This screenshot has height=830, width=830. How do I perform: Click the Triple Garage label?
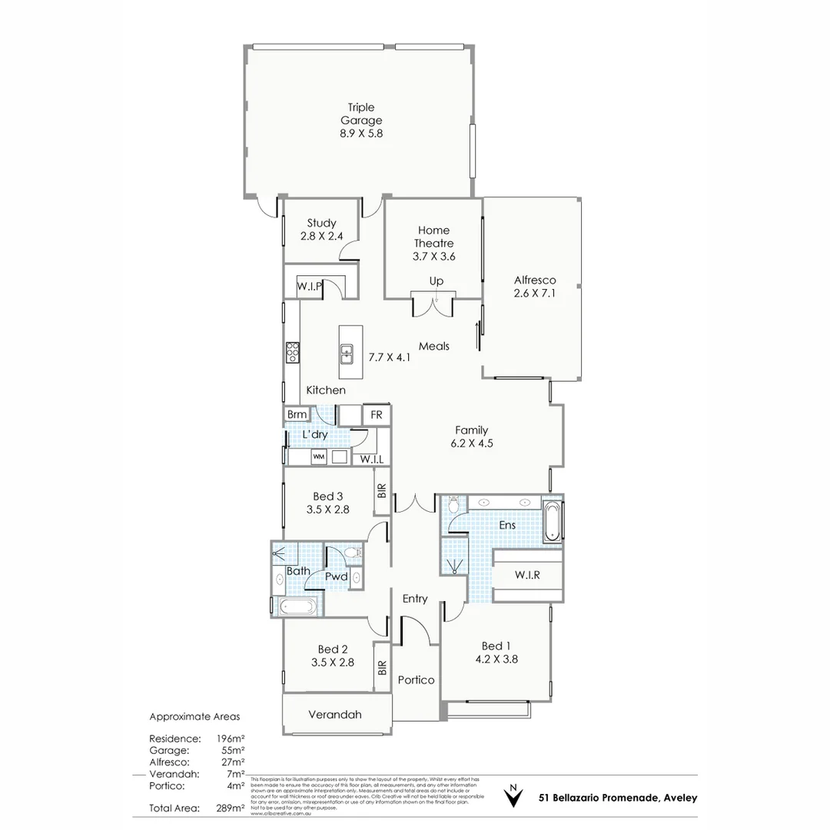click(x=361, y=114)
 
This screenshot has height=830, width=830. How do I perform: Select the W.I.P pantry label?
click(x=310, y=287)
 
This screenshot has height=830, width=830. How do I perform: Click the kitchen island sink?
click(x=347, y=354)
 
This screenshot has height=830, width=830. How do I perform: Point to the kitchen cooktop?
click(x=292, y=352)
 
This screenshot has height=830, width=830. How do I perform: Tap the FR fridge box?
click(x=377, y=415)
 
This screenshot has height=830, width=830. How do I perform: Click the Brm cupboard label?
click(x=297, y=415)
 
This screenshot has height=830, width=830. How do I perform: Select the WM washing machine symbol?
click(x=318, y=457)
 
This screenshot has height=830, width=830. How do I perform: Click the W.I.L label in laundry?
click(x=372, y=460)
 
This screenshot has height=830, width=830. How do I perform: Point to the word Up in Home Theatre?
click(x=437, y=281)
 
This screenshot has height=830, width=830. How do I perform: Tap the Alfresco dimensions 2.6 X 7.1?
click(x=535, y=294)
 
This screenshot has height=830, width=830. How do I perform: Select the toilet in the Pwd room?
click(x=353, y=553)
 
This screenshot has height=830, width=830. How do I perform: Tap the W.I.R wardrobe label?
click(x=527, y=575)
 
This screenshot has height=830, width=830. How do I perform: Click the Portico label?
click(x=416, y=680)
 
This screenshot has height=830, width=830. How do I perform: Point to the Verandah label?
click(x=334, y=715)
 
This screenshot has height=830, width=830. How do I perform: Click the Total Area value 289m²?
click(x=231, y=808)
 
